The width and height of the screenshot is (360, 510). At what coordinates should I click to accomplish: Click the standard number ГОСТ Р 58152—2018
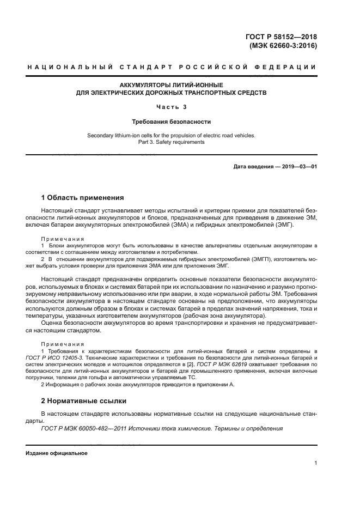(282, 37)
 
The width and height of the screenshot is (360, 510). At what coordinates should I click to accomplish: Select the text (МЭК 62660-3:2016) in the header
(283, 46)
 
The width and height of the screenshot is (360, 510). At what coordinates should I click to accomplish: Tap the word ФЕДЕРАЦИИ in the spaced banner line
(290, 67)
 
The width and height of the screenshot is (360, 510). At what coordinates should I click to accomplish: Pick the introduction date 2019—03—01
(298, 166)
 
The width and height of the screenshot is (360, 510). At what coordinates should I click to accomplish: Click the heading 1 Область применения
(83, 197)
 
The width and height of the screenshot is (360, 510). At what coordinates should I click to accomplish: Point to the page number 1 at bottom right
(315, 463)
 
